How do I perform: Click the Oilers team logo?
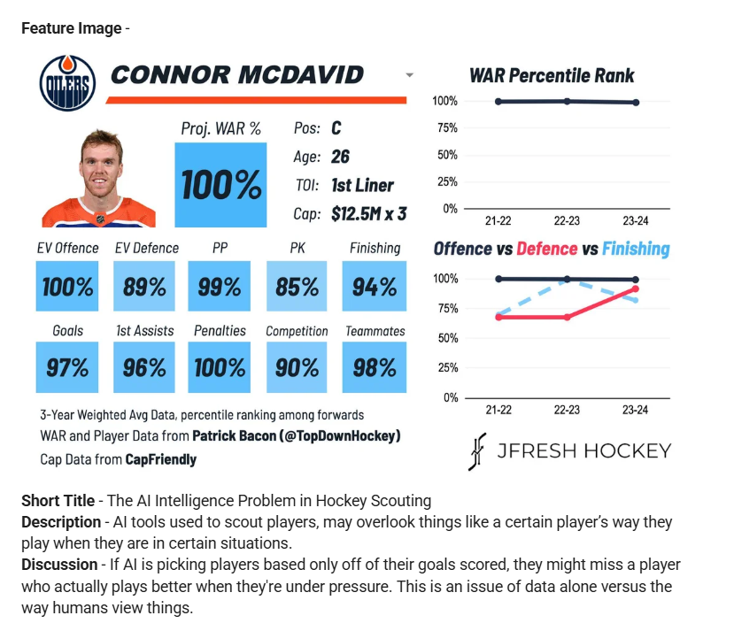[x=68, y=83]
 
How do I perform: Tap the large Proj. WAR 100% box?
[x=220, y=185]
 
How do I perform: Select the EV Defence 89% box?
[x=144, y=286]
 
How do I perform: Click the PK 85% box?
[x=297, y=286]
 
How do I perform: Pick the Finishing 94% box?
[x=375, y=286]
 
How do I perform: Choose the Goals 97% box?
[x=67, y=367]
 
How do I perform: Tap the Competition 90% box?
[x=297, y=367]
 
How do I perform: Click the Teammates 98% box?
[x=375, y=367]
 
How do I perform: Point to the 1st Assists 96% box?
[x=144, y=367]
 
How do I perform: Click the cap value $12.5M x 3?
[x=369, y=214]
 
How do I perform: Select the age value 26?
[x=340, y=157]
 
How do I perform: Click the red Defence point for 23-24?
[x=635, y=289]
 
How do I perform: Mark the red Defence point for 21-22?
[x=498, y=317]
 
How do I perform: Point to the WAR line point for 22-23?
[x=567, y=101]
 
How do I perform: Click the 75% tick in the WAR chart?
[x=447, y=128]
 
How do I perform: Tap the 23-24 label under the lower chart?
[x=635, y=410]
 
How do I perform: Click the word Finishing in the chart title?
[x=637, y=249]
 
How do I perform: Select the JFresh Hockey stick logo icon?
[x=477, y=451]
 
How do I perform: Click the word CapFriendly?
[x=160, y=459]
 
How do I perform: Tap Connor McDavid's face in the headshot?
[x=100, y=168]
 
